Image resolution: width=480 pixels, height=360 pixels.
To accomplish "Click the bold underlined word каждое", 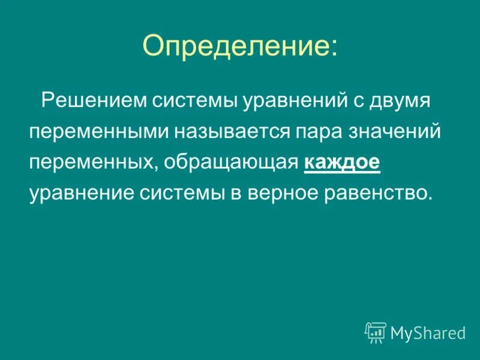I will (342, 163).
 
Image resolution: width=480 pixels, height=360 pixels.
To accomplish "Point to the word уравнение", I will (82, 194).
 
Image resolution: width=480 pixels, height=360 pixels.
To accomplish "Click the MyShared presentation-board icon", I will (375, 332).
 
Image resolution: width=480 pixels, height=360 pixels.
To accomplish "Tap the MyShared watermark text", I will (428, 332).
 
